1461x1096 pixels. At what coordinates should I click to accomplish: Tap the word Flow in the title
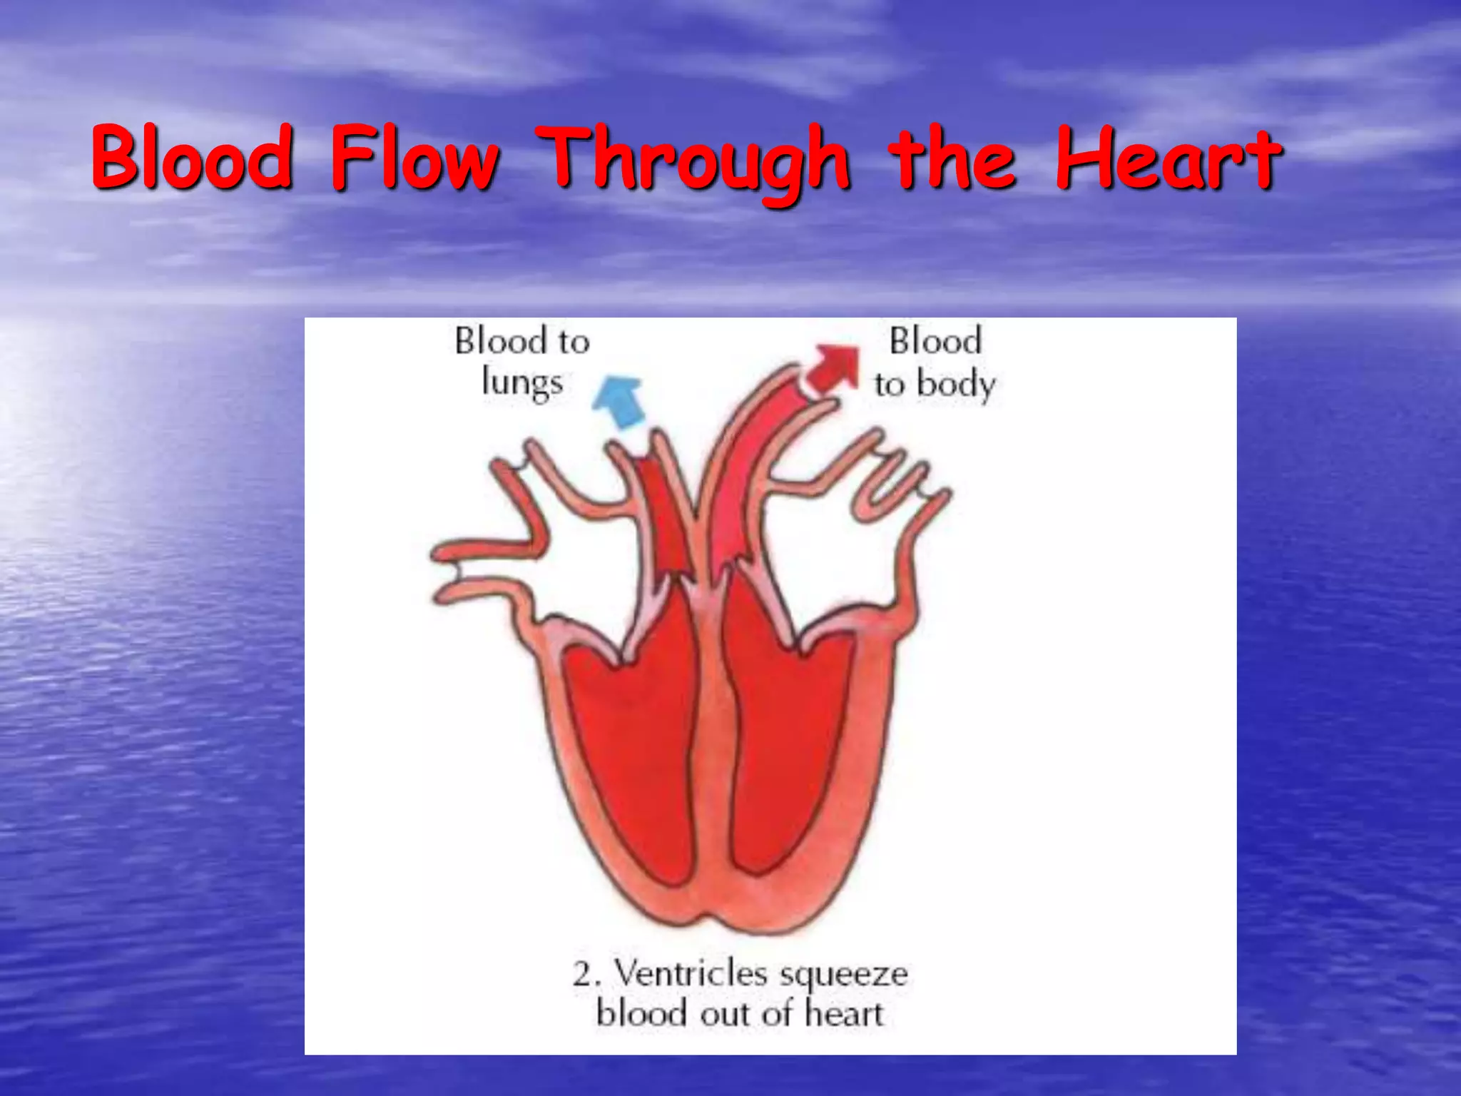click(x=414, y=158)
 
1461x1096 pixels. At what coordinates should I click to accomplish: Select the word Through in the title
click(x=693, y=161)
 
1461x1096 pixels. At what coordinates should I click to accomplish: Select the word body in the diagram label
click(x=956, y=385)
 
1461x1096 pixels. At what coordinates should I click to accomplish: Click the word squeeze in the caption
click(x=843, y=975)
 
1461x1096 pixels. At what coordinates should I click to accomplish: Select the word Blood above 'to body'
click(x=935, y=340)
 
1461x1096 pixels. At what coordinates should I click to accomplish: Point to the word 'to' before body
click(x=890, y=385)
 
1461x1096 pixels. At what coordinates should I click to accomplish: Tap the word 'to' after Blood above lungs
click(x=574, y=342)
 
